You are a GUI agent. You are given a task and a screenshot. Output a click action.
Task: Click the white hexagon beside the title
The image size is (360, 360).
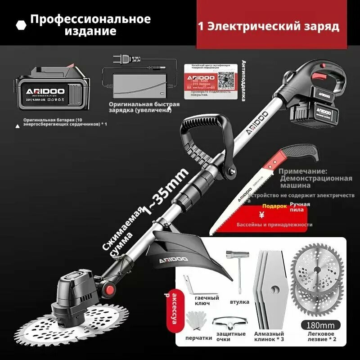(x=21, y=25)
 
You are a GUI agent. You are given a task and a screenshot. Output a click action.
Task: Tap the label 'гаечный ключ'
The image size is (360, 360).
(x=207, y=300)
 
